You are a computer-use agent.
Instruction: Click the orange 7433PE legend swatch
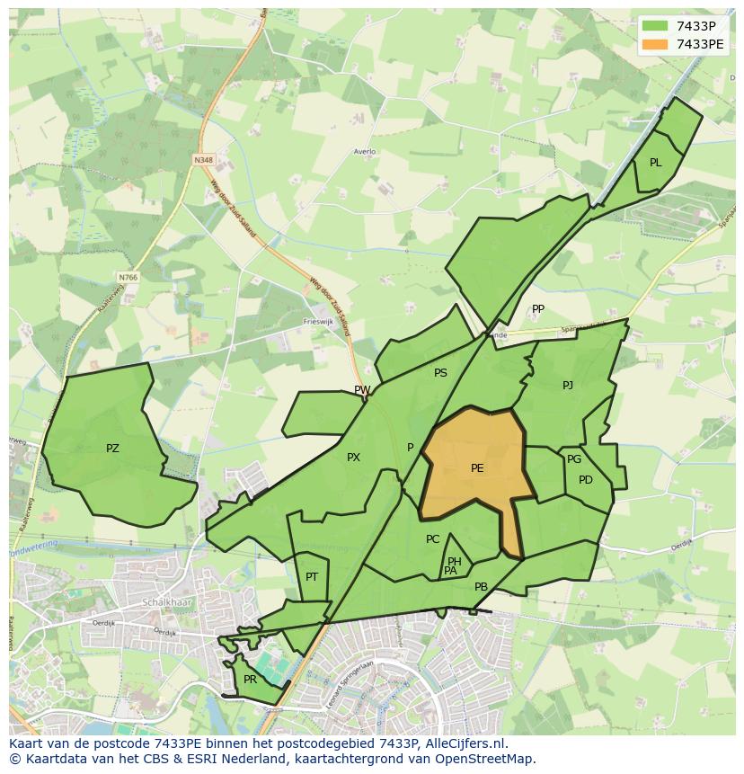tap(656, 44)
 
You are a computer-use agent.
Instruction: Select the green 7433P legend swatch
tap(656, 26)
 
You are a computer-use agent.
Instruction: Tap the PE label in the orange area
tap(477, 468)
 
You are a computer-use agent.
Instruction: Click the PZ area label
tap(112, 449)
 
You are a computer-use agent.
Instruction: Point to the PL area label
tap(655, 163)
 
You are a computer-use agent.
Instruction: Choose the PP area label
tap(538, 309)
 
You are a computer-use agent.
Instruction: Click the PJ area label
tap(568, 386)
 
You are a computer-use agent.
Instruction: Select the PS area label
tap(440, 373)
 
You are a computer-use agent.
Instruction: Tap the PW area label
tap(362, 390)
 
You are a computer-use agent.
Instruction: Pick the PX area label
tap(353, 458)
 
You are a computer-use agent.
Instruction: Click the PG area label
tap(574, 459)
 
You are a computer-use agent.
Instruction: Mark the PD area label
tap(586, 480)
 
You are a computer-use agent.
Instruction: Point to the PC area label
tap(433, 539)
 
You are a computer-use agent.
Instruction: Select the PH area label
tap(455, 562)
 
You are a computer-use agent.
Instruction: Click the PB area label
tap(481, 587)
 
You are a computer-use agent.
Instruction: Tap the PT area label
tap(312, 577)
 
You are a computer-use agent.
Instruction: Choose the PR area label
tap(250, 680)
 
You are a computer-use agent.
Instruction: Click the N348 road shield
tap(204, 160)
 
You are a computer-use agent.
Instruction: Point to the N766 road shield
tap(128, 278)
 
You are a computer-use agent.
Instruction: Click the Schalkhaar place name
tap(163, 602)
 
